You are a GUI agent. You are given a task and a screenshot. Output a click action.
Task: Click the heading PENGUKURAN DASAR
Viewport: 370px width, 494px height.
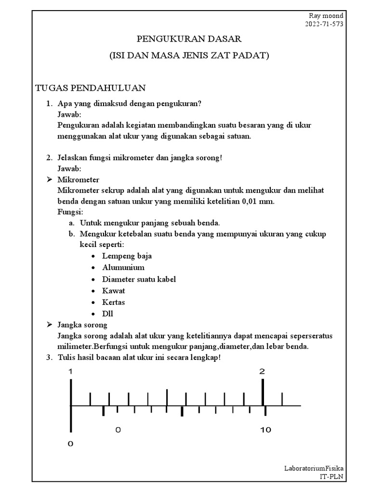(x=188, y=39)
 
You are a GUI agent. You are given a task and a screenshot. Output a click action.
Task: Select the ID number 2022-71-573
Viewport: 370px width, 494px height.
(x=324, y=24)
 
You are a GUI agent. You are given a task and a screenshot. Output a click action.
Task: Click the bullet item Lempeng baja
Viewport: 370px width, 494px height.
(x=127, y=256)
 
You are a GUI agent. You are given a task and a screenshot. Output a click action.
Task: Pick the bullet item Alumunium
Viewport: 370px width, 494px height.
(x=123, y=267)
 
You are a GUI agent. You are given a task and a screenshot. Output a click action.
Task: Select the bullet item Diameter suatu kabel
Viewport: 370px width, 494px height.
(x=139, y=279)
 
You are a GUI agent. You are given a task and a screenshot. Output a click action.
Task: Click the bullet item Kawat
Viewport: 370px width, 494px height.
(x=113, y=290)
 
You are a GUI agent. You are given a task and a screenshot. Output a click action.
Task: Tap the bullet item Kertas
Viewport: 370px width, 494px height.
(x=113, y=302)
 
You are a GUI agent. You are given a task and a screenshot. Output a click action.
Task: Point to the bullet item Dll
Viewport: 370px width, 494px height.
(x=107, y=314)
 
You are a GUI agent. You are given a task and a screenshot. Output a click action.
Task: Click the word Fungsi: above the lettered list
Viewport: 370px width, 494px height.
(x=70, y=212)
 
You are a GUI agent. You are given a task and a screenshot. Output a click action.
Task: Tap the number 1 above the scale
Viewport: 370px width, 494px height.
(x=70, y=371)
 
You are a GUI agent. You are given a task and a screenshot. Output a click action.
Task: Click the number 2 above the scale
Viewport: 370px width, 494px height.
(x=262, y=371)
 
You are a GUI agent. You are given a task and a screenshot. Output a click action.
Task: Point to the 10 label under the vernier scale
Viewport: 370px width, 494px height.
(x=265, y=430)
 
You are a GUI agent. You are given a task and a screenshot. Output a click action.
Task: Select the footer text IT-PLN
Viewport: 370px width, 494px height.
(x=332, y=476)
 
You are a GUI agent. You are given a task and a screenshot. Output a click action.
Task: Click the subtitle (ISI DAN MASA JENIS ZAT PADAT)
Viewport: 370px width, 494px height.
(x=188, y=55)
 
